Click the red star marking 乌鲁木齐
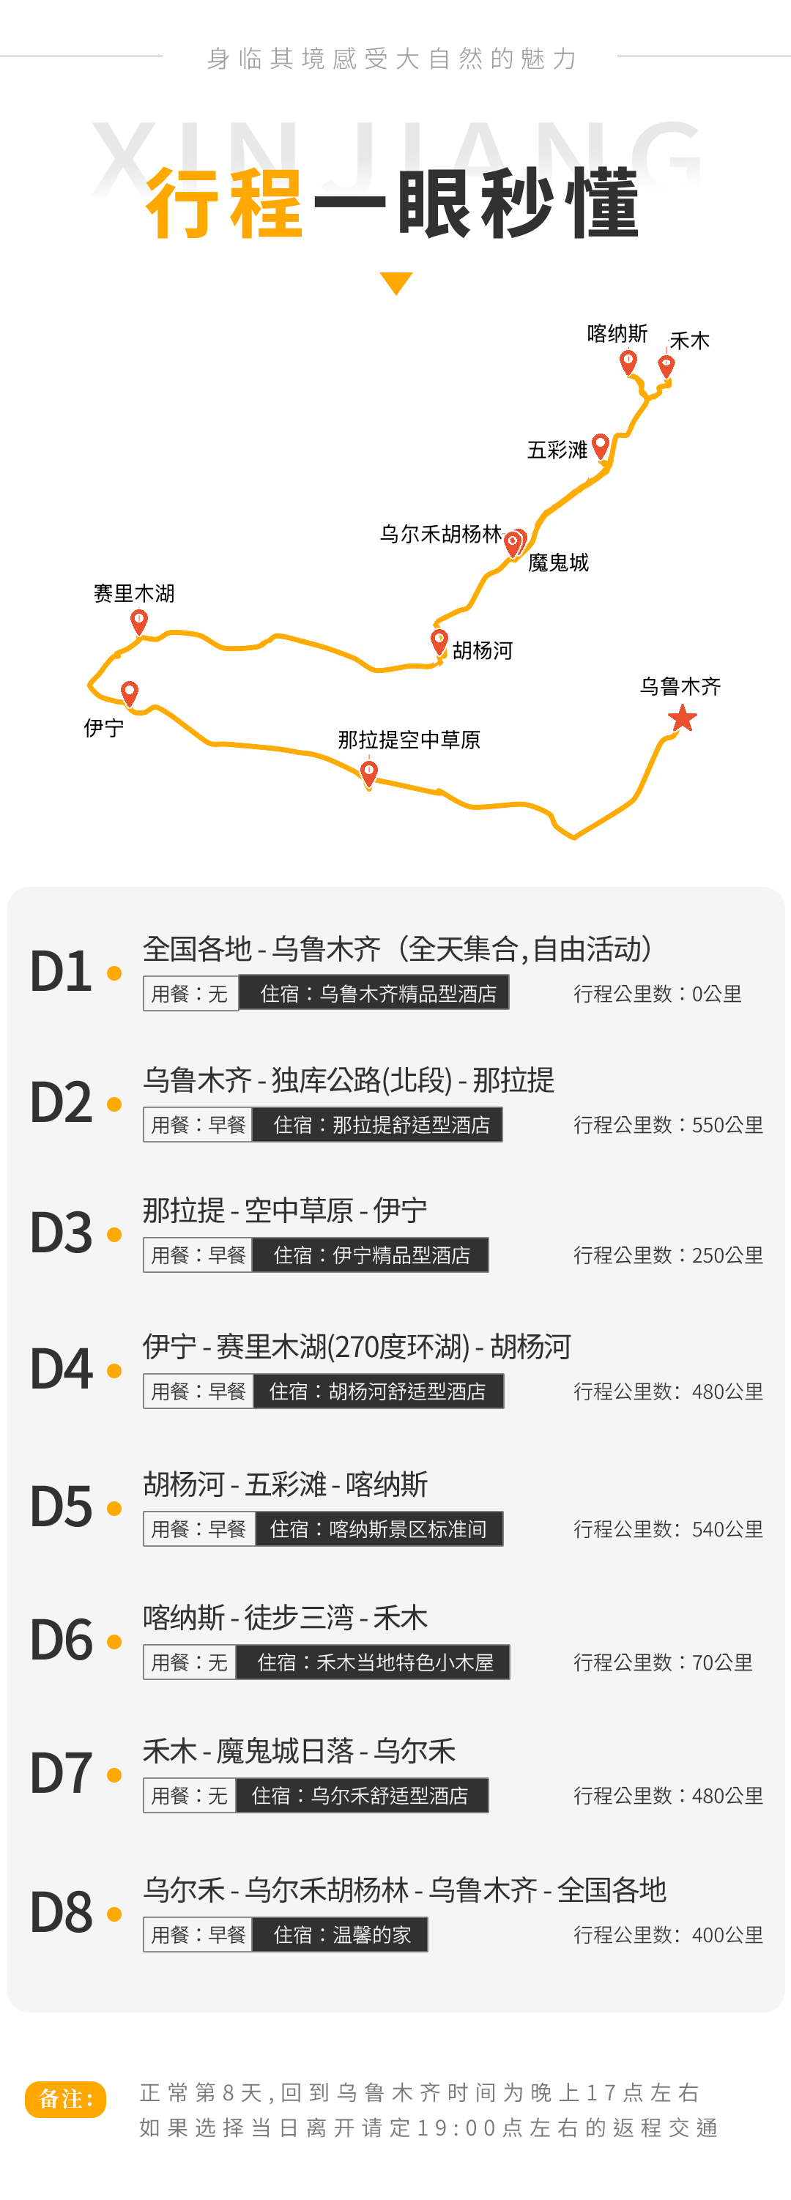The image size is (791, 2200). pos(683,718)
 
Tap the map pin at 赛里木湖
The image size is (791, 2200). pos(139,622)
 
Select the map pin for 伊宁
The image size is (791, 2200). pos(130,694)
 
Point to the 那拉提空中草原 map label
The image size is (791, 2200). pos(409,740)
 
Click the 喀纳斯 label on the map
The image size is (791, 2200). pos(617,333)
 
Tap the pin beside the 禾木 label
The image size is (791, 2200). pos(666,366)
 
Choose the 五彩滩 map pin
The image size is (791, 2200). pos(601,446)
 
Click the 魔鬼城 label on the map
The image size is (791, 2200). pos(559,562)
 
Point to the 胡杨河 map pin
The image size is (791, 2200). pos(439,642)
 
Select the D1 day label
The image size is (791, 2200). pos(61,971)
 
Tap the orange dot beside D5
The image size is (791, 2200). pos(114,1509)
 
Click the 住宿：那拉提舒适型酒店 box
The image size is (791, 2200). pos(378,1125)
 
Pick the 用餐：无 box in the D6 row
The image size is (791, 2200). pos(190,1662)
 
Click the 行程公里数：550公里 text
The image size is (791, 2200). pos(668,1125)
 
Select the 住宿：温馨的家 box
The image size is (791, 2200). pos(340,1934)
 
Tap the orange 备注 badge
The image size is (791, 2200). pos(66,2099)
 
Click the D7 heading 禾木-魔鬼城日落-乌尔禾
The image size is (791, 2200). pos(299,1751)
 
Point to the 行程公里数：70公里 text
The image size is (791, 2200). pos(663,1662)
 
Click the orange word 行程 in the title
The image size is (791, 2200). pos(224,204)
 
